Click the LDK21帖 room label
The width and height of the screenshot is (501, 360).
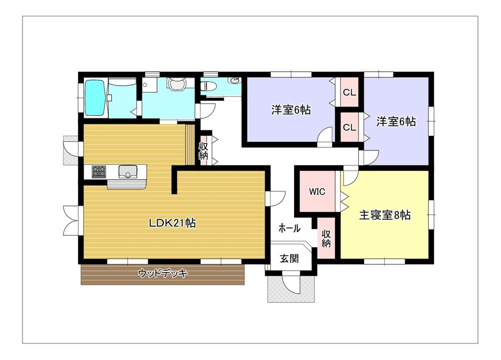[172, 223]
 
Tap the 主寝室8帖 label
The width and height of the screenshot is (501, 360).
[385, 215]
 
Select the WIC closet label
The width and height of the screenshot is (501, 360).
[317, 192]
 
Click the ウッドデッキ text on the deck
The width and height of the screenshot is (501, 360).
[163, 273]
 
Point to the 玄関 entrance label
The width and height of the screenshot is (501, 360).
[289, 258]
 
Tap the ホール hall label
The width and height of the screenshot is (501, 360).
[290, 228]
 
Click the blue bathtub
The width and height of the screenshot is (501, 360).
[95, 97]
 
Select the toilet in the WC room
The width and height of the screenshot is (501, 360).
[208, 86]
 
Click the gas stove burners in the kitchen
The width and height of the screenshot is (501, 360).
[99, 171]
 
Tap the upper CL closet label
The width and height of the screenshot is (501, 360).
[349, 92]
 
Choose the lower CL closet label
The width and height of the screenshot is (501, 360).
[349, 127]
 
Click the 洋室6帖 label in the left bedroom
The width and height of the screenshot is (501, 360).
[291, 110]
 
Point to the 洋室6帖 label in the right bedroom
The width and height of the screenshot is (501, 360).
[396, 121]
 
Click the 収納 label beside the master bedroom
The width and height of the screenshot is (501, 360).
[326, 238]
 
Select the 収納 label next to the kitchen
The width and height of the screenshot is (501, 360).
[203, 151]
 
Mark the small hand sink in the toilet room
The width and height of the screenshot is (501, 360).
[234, 80]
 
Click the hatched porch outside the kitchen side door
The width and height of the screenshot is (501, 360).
[71, 150]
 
